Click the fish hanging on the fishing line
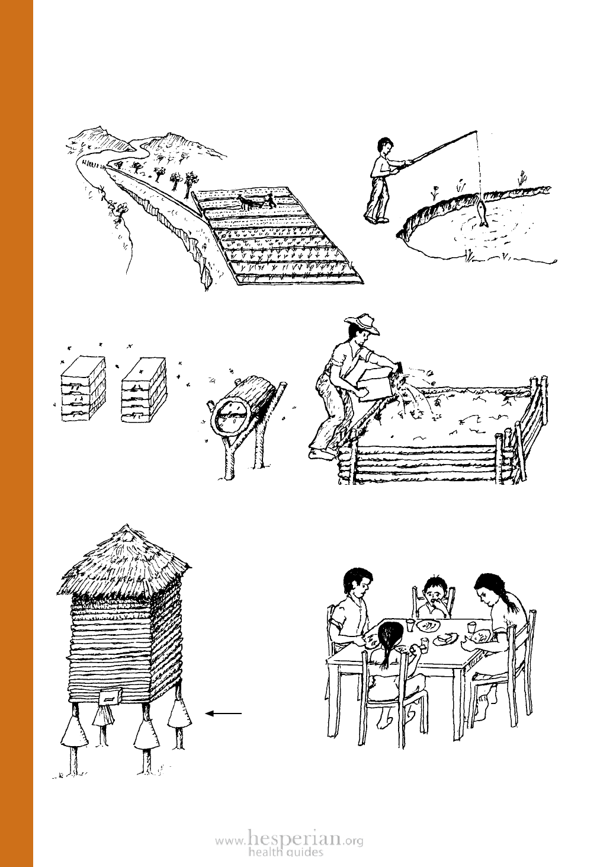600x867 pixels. click(x=482, y=212)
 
